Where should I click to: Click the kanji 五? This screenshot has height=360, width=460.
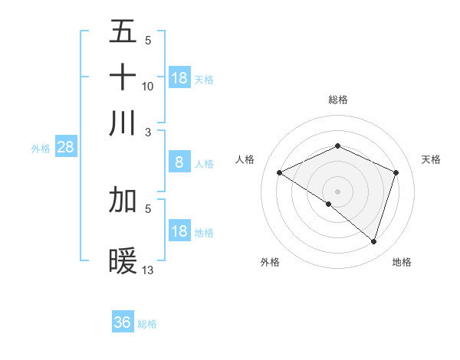click(123, 31)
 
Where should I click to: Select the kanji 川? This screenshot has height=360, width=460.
click(123, 123)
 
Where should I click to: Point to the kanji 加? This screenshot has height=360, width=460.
click(123, 200)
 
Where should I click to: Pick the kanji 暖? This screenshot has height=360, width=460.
click(123, 262)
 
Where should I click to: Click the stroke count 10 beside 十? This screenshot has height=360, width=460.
click(148, 87)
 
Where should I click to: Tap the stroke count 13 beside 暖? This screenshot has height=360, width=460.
click(148, 270)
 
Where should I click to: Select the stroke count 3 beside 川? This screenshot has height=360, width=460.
click(148, 131)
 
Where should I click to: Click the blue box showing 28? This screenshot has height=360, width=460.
click(65, 148)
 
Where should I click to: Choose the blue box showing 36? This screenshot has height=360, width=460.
click(123, 322)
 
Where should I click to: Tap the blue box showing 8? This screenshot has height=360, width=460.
click(179, 162)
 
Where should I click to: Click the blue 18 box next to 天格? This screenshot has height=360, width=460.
click(179, 78)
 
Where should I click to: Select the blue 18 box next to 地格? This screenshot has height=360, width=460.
click(179, 231)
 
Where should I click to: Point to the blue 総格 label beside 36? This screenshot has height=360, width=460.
click(147, 324)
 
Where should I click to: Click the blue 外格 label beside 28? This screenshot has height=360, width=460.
click(41, 149)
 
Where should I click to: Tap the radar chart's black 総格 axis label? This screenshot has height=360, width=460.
click(338, 100)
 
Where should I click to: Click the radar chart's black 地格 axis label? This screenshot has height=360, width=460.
click(402, 262)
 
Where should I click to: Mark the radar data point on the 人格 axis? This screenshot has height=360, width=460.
click(280, 173)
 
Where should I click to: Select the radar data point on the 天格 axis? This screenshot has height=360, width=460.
click(396, 172)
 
